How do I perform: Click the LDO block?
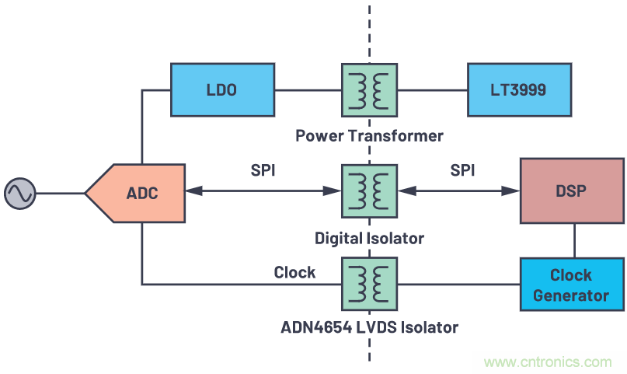pyautogui.click(x=221, y=89)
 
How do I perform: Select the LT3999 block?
pyautogui.click(x=518, y=89)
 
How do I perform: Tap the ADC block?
pyautogui.click(x=138, y=192)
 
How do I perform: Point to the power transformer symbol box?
pyautogui.click(x=369, y=91)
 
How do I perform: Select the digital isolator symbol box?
pyautogui.click(x=369, y=190)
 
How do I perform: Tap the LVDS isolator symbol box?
pyautogui.click(x=369, y=285)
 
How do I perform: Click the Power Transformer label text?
pyautogui.click(x=369, y=136)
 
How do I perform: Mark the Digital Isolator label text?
pyautogui.click(x=369, y=238)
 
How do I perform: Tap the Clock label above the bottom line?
pyautogui.click(x=294, y=272)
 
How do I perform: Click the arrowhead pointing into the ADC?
pyautogui.click(x=193, y=190)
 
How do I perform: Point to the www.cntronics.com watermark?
pyautogui.click(x=548, y=362)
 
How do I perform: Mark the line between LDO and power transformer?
pyautogui.click(x=307, y=90)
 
